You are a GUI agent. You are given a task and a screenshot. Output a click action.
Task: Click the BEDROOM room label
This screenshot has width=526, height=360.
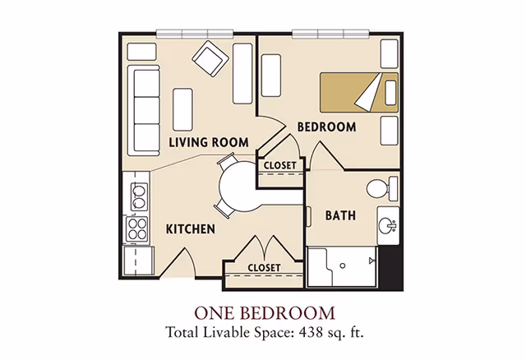pos(326,127)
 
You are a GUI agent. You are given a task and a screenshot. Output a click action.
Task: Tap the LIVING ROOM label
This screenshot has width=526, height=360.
pos(209,142)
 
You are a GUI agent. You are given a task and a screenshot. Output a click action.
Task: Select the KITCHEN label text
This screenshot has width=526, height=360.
pos(191,229)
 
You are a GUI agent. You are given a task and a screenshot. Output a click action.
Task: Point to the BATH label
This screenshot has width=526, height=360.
pos(340,215)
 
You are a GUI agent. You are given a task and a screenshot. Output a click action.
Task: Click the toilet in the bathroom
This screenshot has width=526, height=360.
pos(381,188)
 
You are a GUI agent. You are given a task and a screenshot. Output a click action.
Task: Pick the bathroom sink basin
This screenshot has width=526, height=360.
pos(387,225)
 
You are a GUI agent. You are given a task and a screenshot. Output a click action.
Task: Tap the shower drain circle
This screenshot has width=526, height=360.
pos(343,265)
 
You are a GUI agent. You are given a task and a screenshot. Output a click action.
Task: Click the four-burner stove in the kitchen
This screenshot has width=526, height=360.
pos(136,228)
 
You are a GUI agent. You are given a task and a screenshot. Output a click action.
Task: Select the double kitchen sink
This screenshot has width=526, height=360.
pos(139,196)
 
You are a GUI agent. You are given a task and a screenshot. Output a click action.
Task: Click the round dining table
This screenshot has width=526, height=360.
pos(240,187)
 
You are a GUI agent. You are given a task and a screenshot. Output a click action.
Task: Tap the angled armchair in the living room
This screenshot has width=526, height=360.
pos(210,58)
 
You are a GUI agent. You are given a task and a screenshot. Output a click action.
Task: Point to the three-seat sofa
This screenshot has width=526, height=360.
pos(144,110)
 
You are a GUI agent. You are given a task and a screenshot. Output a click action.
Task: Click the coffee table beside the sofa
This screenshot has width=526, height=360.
pos(182,109)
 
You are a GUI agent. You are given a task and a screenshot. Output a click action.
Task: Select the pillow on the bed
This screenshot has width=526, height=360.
pos(390,93)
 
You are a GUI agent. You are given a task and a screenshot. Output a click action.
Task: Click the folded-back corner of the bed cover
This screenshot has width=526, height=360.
pos(368,93)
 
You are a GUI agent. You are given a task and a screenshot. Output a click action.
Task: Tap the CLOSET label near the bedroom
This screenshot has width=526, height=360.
pos(279,165)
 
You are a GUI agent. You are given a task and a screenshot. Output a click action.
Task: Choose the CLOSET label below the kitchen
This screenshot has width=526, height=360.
pos(264,268)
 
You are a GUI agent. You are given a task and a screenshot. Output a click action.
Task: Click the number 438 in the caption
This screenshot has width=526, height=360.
pos(311,333)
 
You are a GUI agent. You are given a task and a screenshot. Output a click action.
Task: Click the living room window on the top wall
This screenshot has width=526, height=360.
pos(195,34)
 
